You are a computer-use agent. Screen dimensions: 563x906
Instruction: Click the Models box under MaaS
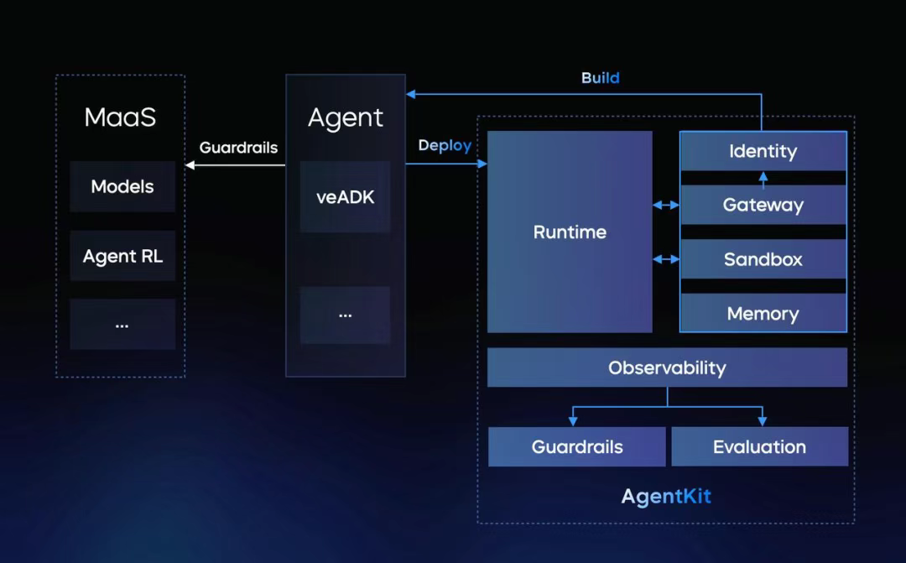pyautogui.click(x=122, y=187)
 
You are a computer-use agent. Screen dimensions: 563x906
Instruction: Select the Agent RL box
pyautogui.click(x=122, y=256)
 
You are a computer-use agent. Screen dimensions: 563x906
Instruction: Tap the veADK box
pyautogui.click(x=345, y=197)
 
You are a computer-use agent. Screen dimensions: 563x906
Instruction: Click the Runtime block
pyautogui.click(x=570, y=232)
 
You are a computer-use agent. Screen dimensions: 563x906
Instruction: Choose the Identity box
pyautogui.click(x=763, y=152)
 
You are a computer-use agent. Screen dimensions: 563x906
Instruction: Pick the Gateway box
pyautogui.click(x=763, y=205)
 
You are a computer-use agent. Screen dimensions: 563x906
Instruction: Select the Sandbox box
pyautogui.click(x=763, y=259)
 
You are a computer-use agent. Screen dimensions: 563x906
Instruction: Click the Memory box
pyautogui.click(x=763, y=314)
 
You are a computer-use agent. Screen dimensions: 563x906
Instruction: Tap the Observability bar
pyautogui.click(x=667, y=368)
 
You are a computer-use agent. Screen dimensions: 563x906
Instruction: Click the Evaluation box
pyautogui.click(x=759, y=446)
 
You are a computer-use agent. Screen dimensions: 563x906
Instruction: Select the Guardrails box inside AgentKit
pyautogui.click(x=577, y=446)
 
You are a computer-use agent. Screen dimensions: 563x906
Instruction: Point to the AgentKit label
pyautogui.click(x=666, y=496)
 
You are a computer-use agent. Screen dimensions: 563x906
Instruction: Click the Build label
pyautogui.click(x=601, y=78)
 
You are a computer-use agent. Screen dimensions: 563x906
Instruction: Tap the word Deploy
pyautogui.click(x=445, y=146)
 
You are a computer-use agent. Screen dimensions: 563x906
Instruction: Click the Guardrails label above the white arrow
pyautogui.click(x=238, y=148)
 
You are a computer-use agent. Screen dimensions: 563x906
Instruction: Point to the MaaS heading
pyautogui.click(x=121, y=117)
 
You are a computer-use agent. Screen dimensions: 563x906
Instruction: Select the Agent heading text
pyautogui.click(x=346, y=117)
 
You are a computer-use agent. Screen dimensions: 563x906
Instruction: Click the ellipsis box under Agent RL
pyautogui.click(x=122, y=324)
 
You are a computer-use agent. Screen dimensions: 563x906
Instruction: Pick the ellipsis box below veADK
pyautogui.click(x=345, y=315)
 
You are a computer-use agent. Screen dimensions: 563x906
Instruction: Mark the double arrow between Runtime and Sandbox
pyautogui.click(x=666, y=259)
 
